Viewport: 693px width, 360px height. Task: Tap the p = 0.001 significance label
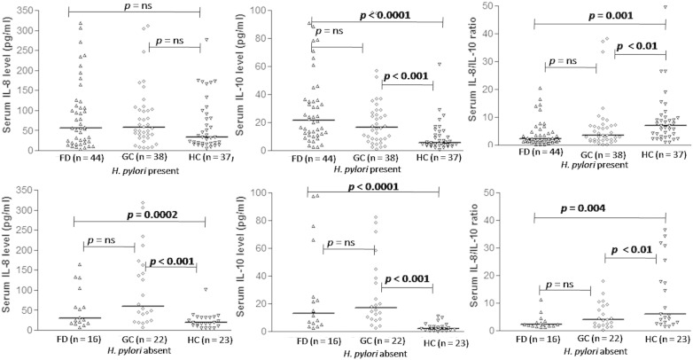[603, 15]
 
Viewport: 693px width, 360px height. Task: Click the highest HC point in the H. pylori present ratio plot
[662, 7]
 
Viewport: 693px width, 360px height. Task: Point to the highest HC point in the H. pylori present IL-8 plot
[206, 40]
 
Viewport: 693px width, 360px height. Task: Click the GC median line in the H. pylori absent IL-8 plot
[144, 306]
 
